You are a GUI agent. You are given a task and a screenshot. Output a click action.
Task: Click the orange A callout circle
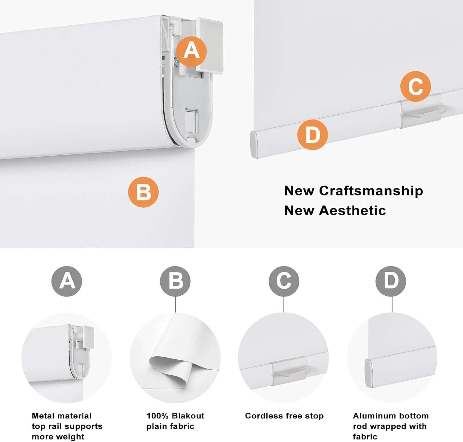pyautogui.click(x=191, y=51)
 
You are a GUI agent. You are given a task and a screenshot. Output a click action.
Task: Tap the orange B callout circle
pyautogui.click(x=144, y=192)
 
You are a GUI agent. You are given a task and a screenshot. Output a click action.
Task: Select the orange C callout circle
pyautogui.click(x=416, y=86)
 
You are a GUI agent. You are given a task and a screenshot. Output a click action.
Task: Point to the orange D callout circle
pyautogui.click(x=312, y=135)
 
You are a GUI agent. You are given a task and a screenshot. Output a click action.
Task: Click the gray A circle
pyautogui.click(x=67, y=281)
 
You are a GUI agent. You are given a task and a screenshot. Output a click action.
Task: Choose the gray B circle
pyautogui.click(x=175, y=281)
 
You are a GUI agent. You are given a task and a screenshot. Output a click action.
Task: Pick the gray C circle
pyautogui.click(x=284, y=281)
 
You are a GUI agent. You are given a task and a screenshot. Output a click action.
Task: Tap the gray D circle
pyautogui.click(x=391, y=281)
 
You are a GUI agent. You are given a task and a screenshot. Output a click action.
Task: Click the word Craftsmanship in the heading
pyautogui.click(x=371, y=191)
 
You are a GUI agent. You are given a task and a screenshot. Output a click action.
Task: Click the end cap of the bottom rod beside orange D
pyautogui.click(x=254, y=145)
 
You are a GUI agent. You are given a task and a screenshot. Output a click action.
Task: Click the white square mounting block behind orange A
pyautogui.click(x=209, y=46)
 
